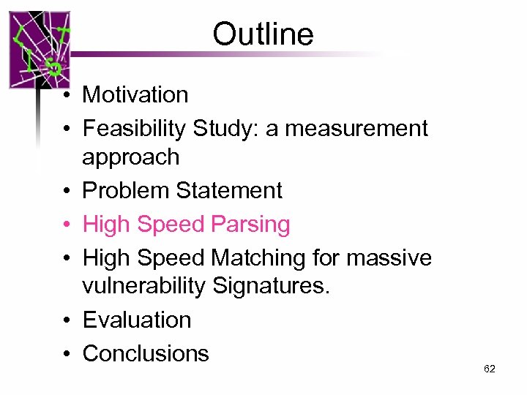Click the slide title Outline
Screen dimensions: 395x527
(263, 34)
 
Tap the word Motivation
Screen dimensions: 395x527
(135, 94)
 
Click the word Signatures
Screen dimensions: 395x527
(271, 286)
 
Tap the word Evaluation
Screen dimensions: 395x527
(137, 320)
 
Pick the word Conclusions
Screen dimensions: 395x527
(146, 353)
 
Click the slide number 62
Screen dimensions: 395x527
(490, 369)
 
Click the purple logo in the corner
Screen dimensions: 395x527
(40, 50)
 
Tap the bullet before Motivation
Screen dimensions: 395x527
(66, 95)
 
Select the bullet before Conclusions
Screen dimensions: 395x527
(66, 354)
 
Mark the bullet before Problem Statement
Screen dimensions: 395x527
(66, 191)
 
